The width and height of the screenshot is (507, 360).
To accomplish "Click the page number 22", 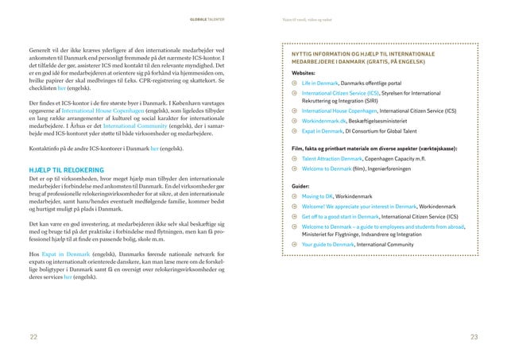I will pos(33,338).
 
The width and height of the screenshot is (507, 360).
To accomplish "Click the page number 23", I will pos(474,338).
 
